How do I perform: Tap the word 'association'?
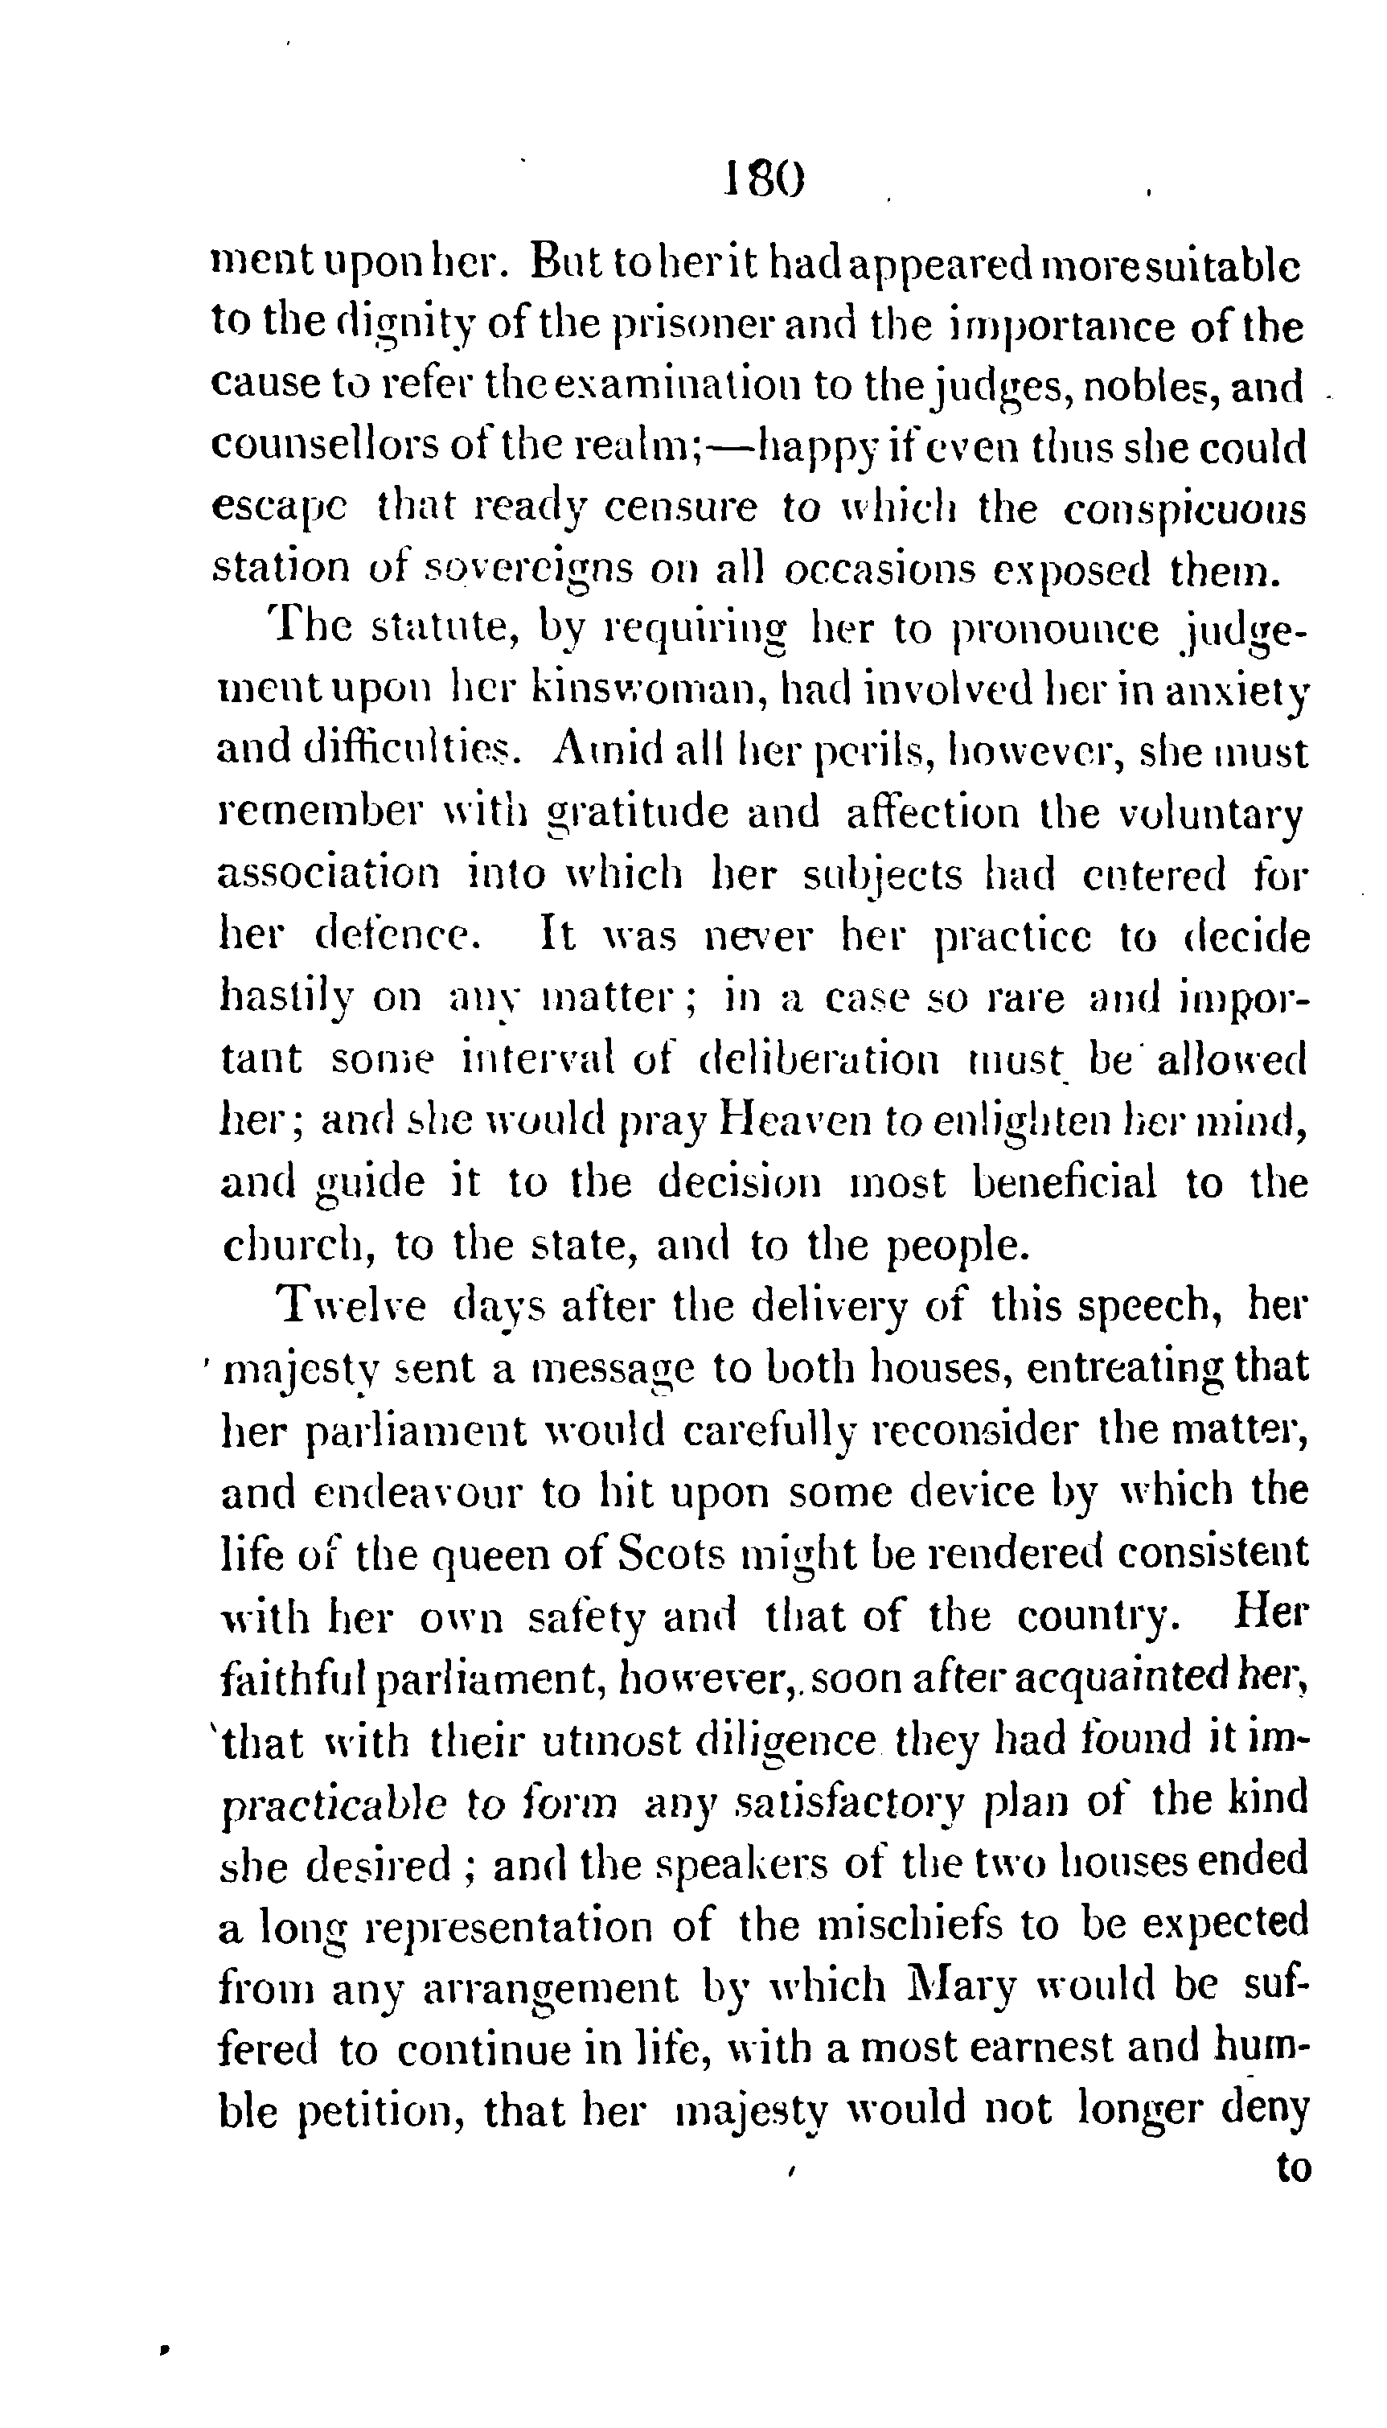(330, 873)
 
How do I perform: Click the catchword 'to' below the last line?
(1293, 2168)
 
